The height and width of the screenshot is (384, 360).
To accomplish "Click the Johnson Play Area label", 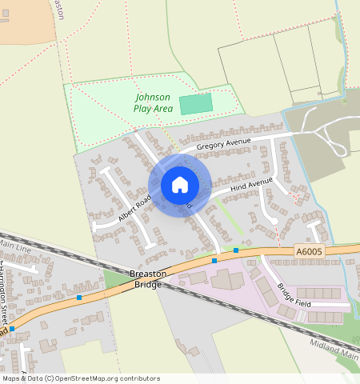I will (x=153, y=102).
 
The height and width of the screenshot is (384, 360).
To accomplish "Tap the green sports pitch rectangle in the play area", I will (x=196, y=104).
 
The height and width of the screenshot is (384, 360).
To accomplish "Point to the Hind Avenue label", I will (x=251, y=186).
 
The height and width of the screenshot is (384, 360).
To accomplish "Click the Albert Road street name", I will (x=134, y=208).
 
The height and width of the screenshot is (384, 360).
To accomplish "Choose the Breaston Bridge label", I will (x=147, y=279).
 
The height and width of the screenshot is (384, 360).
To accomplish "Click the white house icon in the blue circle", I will (x=180, y=185).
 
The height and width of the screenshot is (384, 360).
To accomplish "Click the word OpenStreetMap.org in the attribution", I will (x=80, y=378).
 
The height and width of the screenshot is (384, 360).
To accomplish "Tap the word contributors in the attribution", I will (x=135, y=378).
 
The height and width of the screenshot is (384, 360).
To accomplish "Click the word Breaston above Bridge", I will (x=147, y=274).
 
